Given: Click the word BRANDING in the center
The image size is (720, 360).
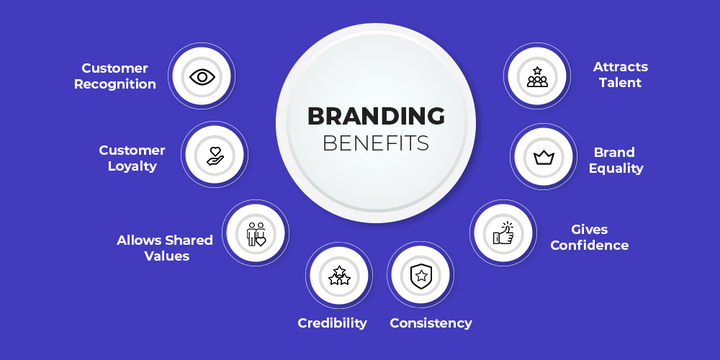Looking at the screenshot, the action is point(376,116).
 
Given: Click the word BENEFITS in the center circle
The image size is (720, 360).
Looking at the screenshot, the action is point(376,143).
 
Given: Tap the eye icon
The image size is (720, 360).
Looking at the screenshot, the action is point(202,77).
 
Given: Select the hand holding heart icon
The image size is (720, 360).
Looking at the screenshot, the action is point(215,156).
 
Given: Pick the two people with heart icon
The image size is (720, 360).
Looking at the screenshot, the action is point(256,234).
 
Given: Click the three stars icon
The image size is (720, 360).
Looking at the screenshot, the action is point(339,276).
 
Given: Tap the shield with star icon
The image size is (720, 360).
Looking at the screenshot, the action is point(420,276).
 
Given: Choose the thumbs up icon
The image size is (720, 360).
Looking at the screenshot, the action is point(503,233).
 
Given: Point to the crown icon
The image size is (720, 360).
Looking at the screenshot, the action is point(544,158).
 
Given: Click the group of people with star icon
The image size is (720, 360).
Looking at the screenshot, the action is point(537,77).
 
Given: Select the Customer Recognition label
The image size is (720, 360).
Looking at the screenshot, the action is point(115,76).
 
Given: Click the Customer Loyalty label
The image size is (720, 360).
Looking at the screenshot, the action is point(132,158).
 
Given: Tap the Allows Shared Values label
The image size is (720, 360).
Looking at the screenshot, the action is point(165,248).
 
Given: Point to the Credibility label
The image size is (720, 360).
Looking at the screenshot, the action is point(333,323).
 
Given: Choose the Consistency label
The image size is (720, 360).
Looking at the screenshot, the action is point(431,323).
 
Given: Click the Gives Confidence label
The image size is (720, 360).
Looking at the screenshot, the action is point(590,237).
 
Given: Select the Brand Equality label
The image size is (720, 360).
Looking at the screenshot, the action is point(616,161).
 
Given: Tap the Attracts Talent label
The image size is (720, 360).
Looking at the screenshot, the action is point(621,75).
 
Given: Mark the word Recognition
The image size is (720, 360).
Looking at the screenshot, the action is point(115,84).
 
